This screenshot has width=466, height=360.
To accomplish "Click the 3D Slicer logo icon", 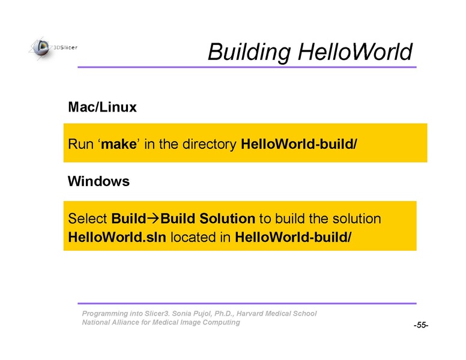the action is pyautogui.click(x=41, y=49).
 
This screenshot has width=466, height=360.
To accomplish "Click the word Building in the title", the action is pyautogui.click(x=249, y=52).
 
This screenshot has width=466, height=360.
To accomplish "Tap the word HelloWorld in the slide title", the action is pyautogui.click(x=355, y=52).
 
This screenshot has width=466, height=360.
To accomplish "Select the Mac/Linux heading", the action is pyautogui.click(x=102, y=107).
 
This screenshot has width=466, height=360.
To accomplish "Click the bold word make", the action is pyautogui.click(x=119, y=144).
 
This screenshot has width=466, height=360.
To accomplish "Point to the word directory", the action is pyautogui.click(x=210, y=145).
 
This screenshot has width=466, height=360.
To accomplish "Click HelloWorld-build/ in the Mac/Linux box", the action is pyautogui.click(x=299, y=144).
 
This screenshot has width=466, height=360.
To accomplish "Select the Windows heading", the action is pyautogui.click(x=98, y=181).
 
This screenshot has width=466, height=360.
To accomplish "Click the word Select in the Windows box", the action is pyautogui.click(x=88, y=218).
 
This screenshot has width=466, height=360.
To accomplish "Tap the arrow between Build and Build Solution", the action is pyautogui.click(x=154, y=218).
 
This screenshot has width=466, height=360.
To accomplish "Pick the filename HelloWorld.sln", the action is pyautogui.click(x=117, y=237).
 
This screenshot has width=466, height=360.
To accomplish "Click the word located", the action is pyautogui.click(x=193, y=237).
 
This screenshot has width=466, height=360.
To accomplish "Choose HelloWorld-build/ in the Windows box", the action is pyautogui.click(x=293, y=237).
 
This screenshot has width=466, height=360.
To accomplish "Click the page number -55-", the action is pyautogui.click(x=421, y=325).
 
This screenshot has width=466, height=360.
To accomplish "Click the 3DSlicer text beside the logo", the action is pyautogui.click(x=65, y=47).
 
